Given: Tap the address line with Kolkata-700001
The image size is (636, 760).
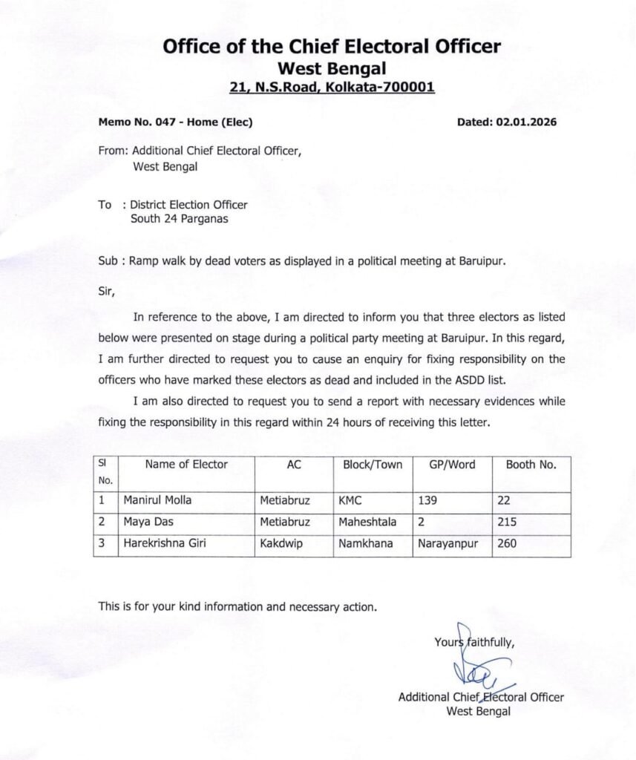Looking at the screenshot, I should (332, 88).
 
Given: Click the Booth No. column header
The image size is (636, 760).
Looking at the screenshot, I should (531, 465).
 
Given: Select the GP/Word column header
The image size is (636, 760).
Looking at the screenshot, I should (452, 465).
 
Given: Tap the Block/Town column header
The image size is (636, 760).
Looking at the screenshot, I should (373, 465).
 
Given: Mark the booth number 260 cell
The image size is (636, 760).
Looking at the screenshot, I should (508, 543).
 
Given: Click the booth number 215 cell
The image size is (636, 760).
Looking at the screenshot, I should (508, 522).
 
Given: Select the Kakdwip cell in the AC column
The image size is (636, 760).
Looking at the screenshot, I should (279, 543).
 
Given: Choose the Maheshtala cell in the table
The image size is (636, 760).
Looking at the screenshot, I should (367, 522).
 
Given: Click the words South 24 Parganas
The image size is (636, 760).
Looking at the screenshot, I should (178, 218).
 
